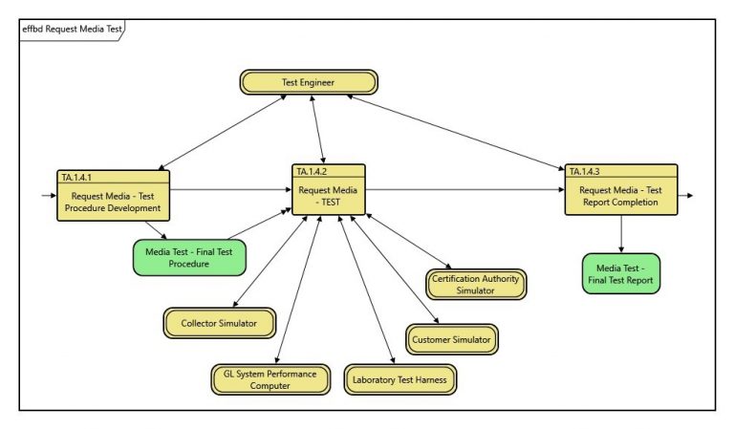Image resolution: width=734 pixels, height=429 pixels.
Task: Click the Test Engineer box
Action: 308,82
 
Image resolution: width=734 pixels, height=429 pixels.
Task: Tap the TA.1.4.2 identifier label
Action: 313,171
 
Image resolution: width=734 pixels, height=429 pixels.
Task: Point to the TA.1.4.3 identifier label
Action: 586,171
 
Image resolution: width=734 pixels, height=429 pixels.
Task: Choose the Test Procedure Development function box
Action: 115,202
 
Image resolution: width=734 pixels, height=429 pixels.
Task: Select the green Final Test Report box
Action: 620,273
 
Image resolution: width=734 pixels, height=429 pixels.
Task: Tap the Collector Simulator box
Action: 219,324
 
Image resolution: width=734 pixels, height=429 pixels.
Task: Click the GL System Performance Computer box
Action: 270,379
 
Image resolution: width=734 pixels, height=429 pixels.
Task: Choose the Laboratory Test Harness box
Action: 400,379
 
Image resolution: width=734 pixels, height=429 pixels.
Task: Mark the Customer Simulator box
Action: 453,339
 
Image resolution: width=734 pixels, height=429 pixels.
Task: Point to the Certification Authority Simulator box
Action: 475,284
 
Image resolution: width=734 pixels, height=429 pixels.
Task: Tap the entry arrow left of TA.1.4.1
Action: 45,194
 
